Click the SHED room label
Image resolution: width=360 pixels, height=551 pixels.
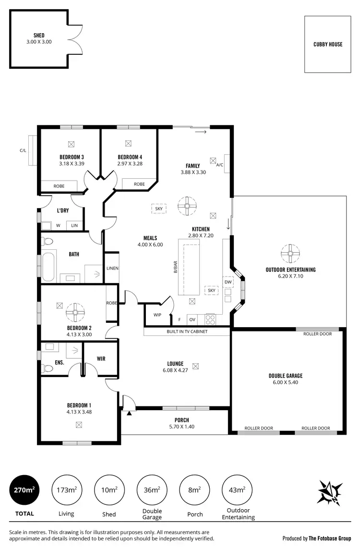click(39, 36)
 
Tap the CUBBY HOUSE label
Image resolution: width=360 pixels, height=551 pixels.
click(328, 44)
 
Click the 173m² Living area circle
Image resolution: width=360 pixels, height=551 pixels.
click(66, 490)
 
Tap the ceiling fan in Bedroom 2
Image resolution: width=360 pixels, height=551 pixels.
click(75, 312)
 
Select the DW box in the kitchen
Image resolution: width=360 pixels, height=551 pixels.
click(228, 282)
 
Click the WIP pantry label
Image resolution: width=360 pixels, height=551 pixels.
click(157, 315)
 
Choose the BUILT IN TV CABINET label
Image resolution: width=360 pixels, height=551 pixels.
click(187, 331)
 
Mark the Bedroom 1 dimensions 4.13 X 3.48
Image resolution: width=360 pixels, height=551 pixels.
click(79, 411)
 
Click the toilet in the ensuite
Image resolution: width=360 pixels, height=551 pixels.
click(48, 368)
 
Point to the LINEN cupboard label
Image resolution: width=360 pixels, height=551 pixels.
click(112, 268)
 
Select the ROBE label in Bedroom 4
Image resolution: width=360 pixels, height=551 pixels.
click(139, 184)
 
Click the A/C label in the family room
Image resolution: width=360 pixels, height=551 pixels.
click(220, 165)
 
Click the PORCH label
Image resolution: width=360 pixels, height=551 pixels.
click(181, 419)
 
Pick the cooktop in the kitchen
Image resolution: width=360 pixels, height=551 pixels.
click(210, 318)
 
